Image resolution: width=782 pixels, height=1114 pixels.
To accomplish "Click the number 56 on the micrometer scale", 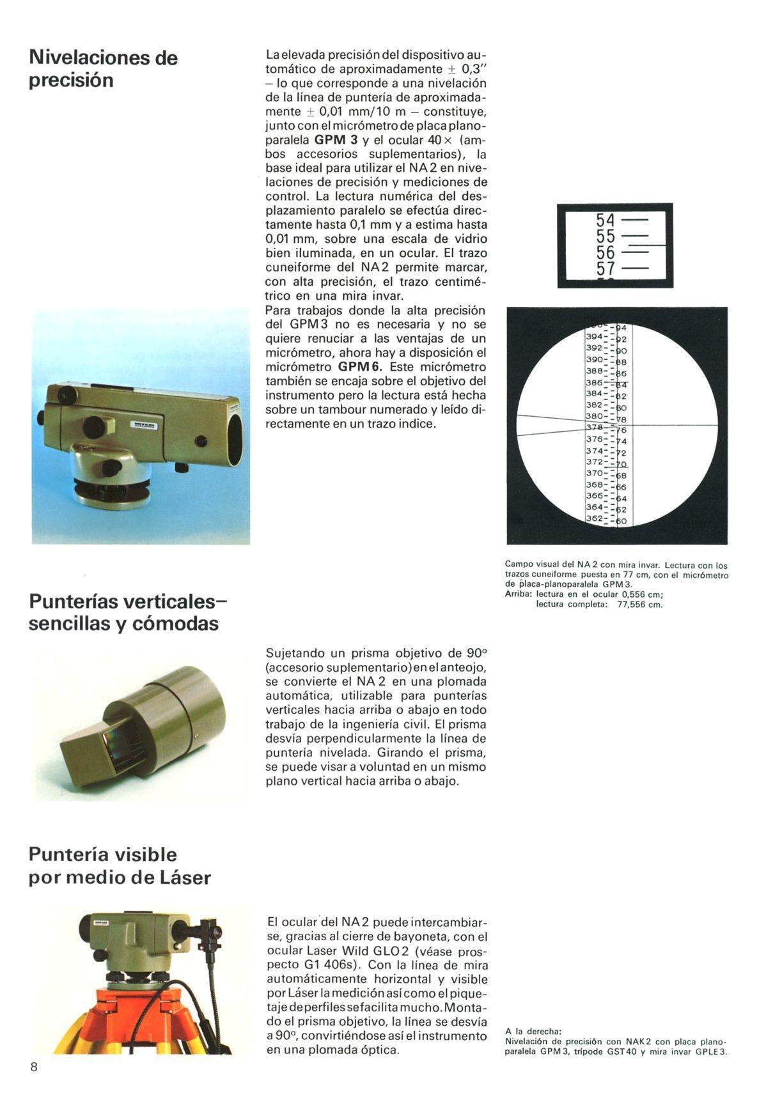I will (x=605, y=252).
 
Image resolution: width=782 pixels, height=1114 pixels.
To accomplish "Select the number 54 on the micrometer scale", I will (x=605, y=220).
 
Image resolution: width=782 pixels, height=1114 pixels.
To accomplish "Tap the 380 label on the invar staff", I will (x=594, y=416).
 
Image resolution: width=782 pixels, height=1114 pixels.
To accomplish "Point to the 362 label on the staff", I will (x=594, y=518).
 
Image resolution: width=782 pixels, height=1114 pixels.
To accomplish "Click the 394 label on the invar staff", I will (x=594, y=336).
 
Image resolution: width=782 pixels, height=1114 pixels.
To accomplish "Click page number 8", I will (x=34, y=1067).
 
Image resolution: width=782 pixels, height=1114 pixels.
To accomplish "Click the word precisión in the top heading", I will (x=71, y=81).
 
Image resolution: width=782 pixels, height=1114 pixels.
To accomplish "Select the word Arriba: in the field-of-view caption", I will (x=518, y=594).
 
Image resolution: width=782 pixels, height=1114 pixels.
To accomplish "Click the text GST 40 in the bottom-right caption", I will (x=622, y=1052).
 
